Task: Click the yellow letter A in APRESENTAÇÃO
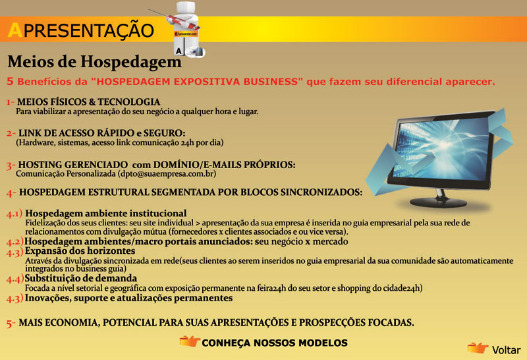(15, 30)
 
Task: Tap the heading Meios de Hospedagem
(94, 62)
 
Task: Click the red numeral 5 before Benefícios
(10, 81)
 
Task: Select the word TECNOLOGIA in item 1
(128, 102)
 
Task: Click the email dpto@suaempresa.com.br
(167, 174)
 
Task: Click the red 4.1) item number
(14, 214)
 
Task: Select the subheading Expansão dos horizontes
(80, 251)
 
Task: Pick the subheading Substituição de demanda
(80, 278)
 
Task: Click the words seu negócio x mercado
(302, 241)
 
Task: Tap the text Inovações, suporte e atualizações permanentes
(128, 298)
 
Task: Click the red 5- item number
(11, 323)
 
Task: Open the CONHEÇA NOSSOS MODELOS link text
(275, 343)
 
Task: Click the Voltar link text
(506, 350)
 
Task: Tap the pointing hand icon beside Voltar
(478, 348)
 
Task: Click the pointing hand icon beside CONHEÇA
(190, 341)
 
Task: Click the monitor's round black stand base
(438, 202)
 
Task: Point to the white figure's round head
(185, 8)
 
